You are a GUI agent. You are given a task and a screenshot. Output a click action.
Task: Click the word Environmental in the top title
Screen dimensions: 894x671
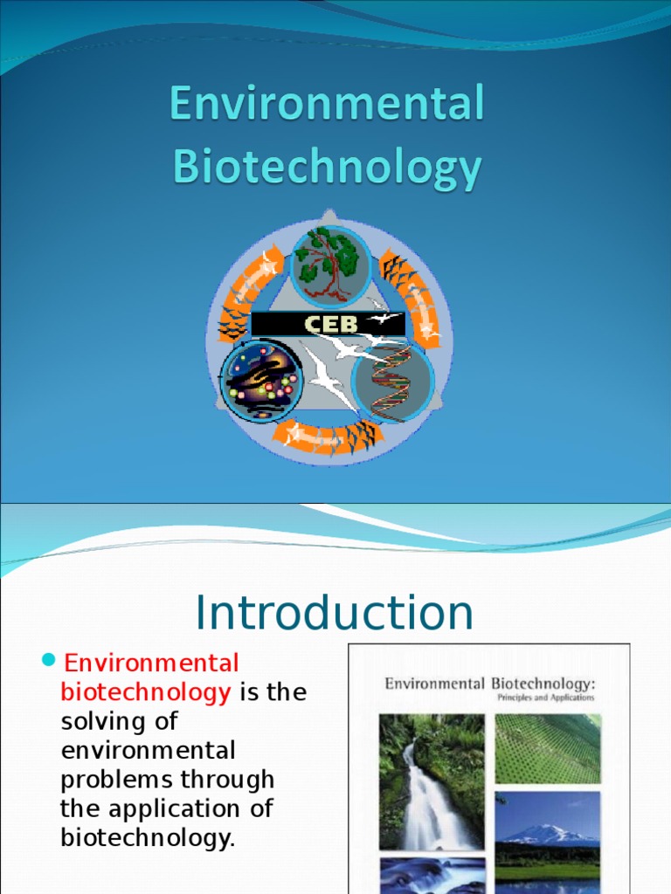327,106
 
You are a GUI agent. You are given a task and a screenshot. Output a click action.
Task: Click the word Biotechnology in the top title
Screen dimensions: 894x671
327,168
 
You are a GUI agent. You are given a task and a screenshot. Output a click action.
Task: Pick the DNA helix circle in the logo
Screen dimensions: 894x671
393,381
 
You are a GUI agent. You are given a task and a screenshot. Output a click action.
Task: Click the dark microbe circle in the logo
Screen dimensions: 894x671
261,381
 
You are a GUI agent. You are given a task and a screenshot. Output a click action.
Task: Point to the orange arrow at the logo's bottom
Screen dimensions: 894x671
327,437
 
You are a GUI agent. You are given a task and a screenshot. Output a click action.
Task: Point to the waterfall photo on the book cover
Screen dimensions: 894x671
432,781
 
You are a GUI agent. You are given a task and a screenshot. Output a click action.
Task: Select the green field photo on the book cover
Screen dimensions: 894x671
548,748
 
